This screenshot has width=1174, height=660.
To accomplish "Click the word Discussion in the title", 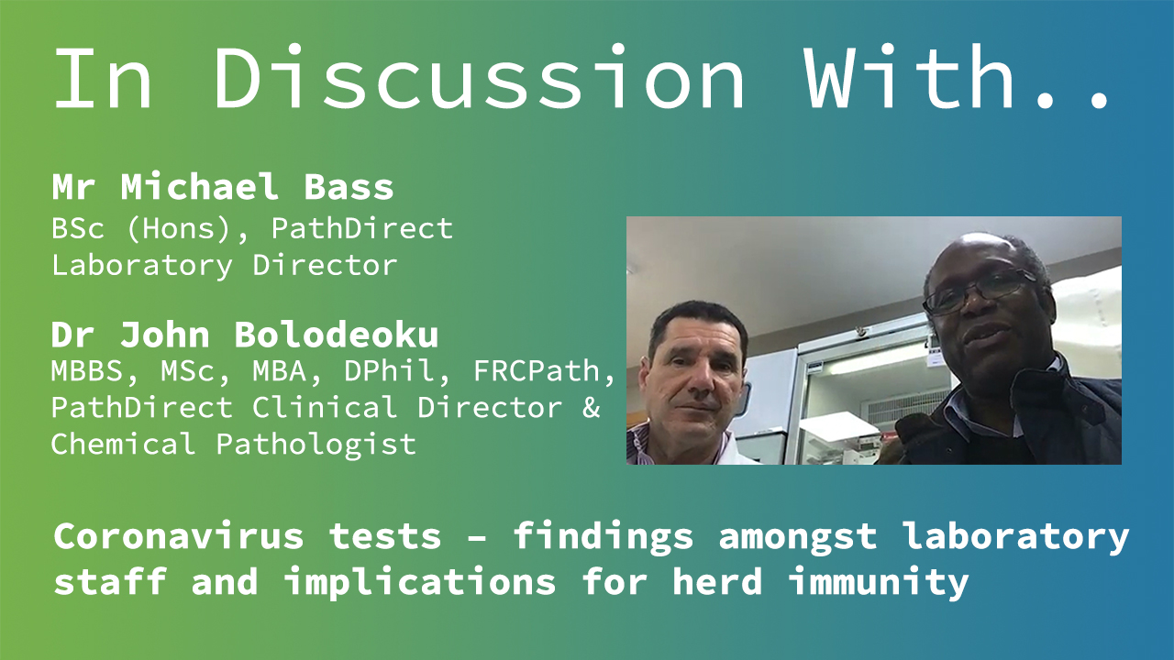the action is pos(479,76).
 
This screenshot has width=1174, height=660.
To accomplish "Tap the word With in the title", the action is pos(910,76).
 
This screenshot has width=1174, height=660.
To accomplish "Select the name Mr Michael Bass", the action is pos(223,186).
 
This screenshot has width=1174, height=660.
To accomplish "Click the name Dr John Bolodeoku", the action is pos(245,335).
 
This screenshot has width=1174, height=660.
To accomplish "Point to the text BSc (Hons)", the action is pos(141,228).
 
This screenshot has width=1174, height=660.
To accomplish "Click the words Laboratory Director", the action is pos(225,265).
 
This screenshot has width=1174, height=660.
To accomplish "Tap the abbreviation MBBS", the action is pos(87,371).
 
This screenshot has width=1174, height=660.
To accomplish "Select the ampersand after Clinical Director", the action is pos(592,408).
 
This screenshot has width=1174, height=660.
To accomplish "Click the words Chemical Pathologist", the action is pos(234,445).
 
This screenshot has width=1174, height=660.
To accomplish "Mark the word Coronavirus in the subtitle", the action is pos(179,536).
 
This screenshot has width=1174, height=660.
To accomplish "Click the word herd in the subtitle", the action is pos(717,581).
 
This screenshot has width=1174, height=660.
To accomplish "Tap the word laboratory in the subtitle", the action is pos(1017,537).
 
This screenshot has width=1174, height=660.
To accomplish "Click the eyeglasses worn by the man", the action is pos(979,291).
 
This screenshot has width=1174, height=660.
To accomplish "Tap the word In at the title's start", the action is pos(103,76).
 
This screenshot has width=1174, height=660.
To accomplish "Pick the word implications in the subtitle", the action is pos(420,582).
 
